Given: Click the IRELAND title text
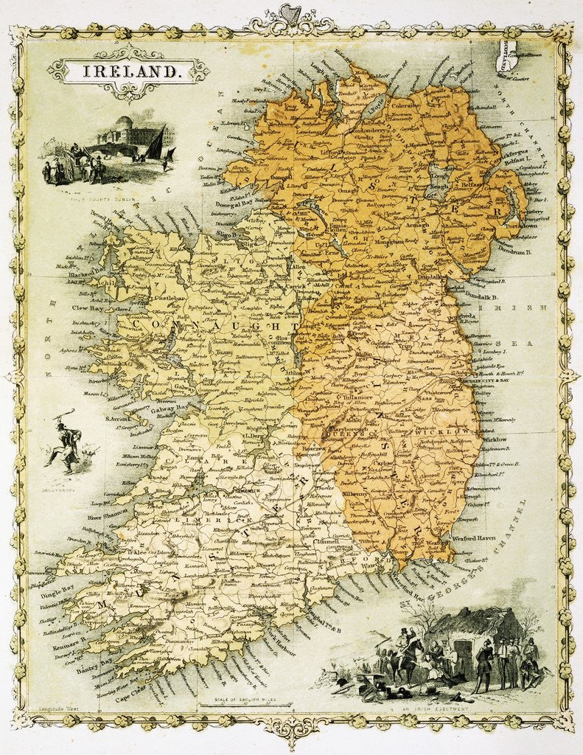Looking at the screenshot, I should pyautogui.click(x=128, y=72).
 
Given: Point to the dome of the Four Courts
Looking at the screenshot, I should pyautogui.click(x=124, y=123).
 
